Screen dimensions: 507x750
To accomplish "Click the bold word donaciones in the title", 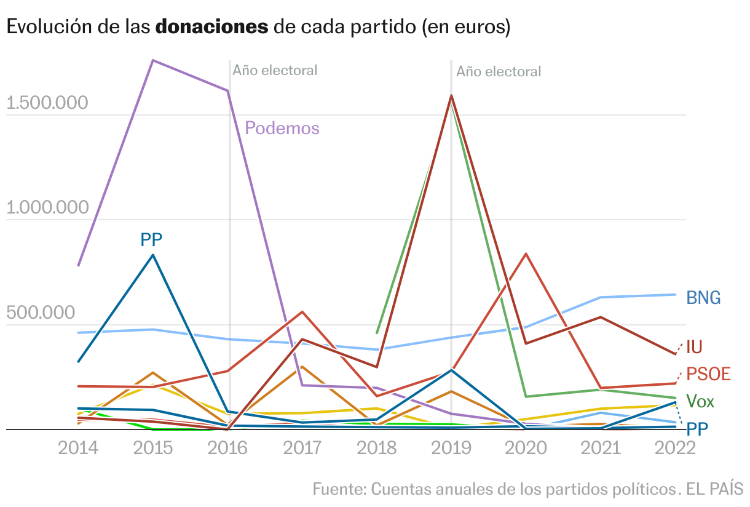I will click(x=212, y=27).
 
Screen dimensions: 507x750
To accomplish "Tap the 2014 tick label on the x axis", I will click(x=78, y=447).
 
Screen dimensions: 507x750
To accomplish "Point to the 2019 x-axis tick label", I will click(x=451, y=447).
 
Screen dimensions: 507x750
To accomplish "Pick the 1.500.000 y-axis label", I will click(x=47, y=103).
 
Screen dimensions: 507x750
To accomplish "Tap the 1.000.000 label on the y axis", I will click(x=47, y=208).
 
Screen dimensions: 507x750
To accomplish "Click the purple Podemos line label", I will click(x=282, y=128).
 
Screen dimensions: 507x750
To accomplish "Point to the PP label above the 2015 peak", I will click(x=151, y=239).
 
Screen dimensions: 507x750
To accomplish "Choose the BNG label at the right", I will click(x=703, y=298).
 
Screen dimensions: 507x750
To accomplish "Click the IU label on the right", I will click(x=694, y=347).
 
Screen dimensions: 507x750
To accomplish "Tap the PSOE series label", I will click(x=708, y=373).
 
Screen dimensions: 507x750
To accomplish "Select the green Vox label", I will click(x=700, y=402).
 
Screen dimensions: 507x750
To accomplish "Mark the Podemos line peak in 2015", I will click(x=152, y=60).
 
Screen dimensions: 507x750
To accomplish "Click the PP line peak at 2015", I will click(x=152, y=255).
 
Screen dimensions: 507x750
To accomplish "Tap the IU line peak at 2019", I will click(x=451, y=95).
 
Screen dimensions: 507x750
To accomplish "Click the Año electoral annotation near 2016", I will click(x=275, y=70).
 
